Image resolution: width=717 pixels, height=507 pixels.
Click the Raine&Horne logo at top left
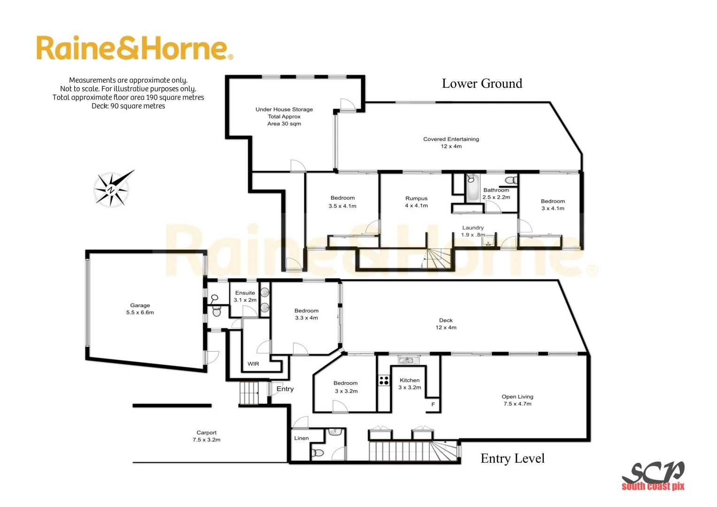134,48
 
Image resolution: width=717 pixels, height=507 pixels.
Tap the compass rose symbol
112,189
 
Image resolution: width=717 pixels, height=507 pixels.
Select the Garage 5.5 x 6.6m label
140,309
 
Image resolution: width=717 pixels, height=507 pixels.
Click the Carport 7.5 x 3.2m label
206,436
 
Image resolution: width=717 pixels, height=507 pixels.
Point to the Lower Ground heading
482,84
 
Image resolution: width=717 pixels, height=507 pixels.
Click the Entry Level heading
512,458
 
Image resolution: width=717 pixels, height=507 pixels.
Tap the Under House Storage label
284,116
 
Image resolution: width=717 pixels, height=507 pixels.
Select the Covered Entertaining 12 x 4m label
451,143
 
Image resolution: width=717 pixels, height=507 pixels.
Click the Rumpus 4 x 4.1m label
416,202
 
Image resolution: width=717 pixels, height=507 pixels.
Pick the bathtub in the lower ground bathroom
472,187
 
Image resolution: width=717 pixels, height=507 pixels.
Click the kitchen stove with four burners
384,380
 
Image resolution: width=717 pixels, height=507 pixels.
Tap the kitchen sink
408,361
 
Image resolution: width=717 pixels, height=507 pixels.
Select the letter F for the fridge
433,404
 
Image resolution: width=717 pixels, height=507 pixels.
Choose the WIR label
253,364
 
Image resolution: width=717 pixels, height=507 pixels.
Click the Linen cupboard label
301,438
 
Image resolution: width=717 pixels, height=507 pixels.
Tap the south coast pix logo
653,476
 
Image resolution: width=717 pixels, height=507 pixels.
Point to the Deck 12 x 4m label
446,324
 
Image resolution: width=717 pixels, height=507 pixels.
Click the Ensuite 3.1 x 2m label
245,296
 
